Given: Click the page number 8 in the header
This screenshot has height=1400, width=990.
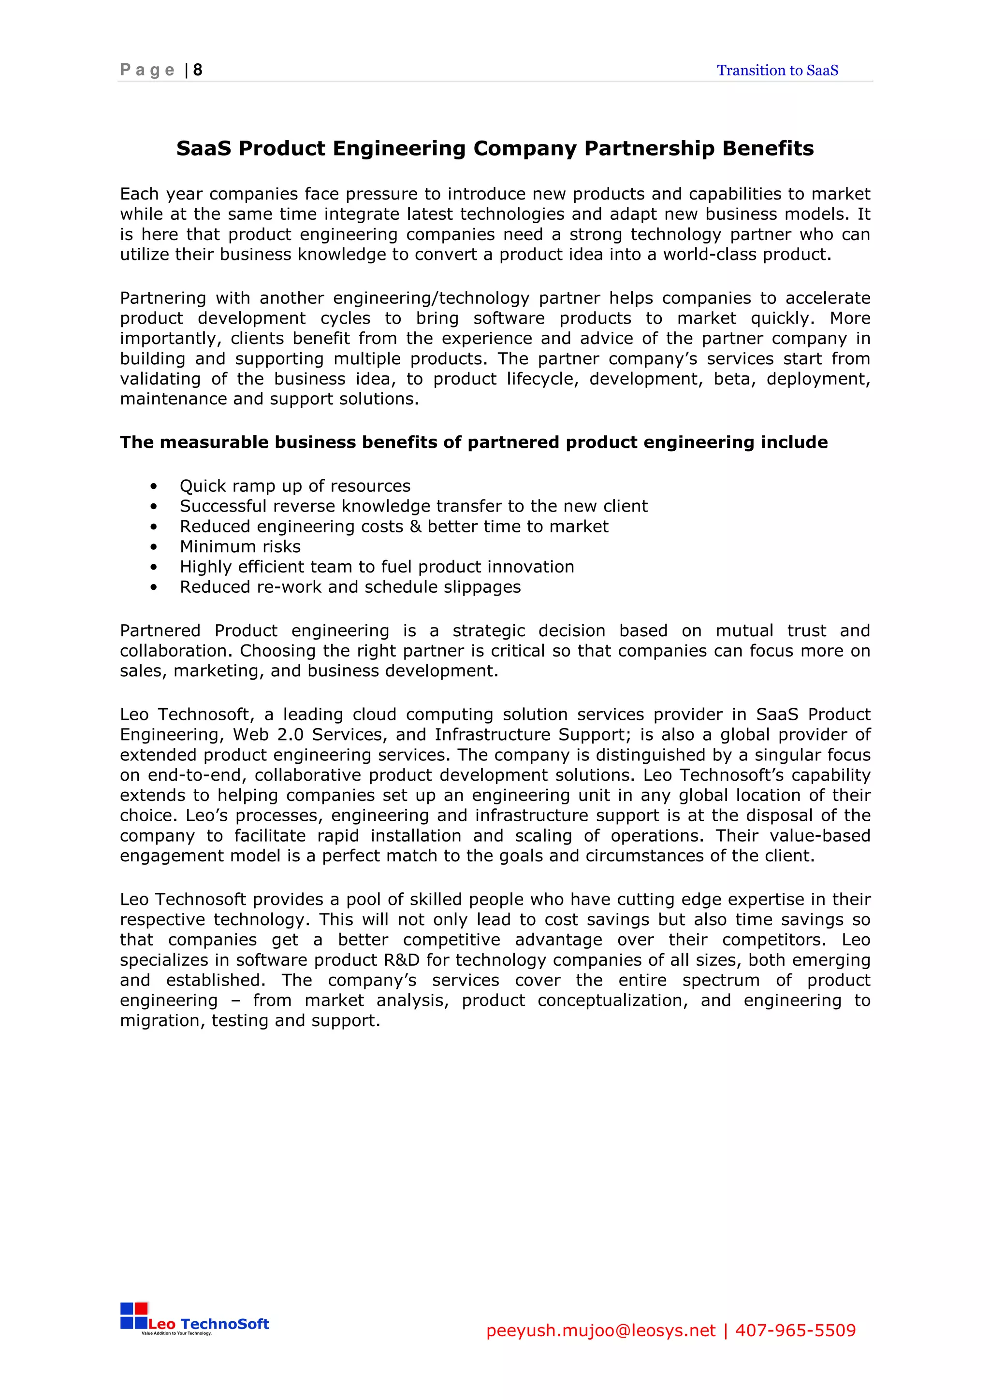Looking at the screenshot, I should click(x=198, y=70).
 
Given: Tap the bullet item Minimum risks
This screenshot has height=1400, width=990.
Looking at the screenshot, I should click(x=240, y=546).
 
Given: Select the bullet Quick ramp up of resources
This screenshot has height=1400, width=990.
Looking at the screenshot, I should click(x=294, y=486).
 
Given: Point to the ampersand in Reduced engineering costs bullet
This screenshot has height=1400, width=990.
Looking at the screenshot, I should click(x=415, y=526).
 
